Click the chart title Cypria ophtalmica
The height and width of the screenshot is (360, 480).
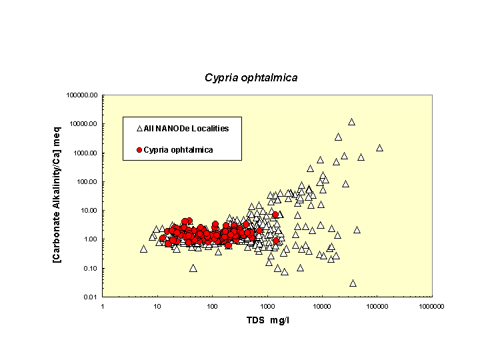coord(251,77)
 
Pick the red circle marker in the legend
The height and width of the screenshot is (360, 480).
coord(139,150)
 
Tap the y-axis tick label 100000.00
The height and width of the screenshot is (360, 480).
coord(83,95)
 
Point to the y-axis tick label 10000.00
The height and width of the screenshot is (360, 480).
coord(85,124)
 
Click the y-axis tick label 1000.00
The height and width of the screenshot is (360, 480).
coord(86,153)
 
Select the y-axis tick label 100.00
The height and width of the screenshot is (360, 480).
coord(87,181)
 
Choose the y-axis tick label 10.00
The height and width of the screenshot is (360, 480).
coord(89,211)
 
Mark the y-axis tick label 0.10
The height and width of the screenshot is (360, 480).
coord(90,268)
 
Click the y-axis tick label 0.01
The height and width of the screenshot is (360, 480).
coord(90,297)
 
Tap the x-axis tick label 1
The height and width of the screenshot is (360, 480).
coord(103,306)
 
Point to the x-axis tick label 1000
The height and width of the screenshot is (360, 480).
coord(267,306)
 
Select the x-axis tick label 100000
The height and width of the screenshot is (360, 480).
coord(377,306)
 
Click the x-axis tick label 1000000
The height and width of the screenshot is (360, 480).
coord(431,306)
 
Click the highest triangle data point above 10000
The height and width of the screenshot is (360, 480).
coord(351,122)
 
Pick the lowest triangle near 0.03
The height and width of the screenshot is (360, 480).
coord(353,283)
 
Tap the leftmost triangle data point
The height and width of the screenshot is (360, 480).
coord(143,249)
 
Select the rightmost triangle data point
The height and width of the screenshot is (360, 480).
coord(379,148)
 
